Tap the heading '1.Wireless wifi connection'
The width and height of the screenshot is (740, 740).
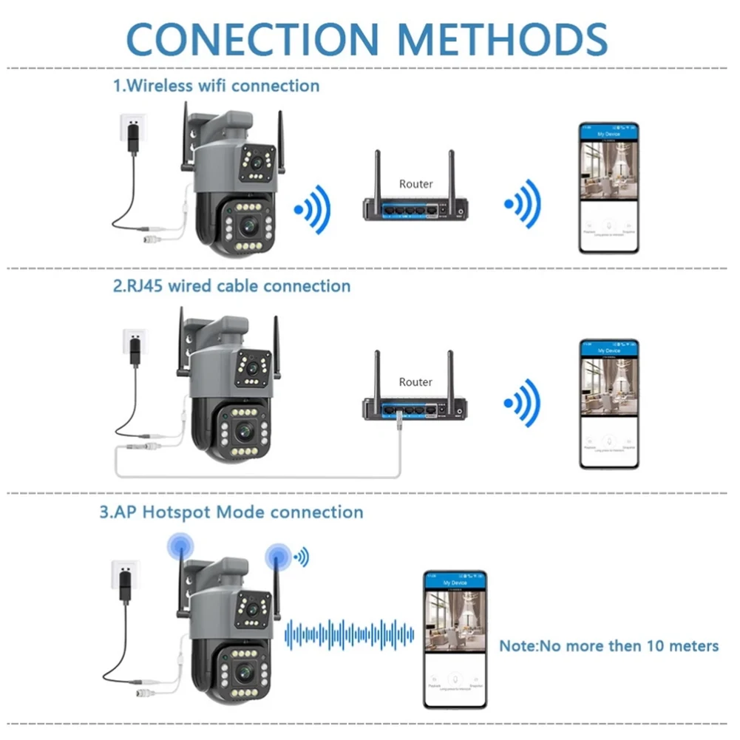click(216, 86)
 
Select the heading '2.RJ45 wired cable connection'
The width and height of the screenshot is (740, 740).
click(231, 285)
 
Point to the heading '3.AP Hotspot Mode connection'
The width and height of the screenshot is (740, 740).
click(231, 512)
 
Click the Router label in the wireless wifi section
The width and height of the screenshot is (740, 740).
click(415, 183)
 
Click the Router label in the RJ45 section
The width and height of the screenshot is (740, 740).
click(415, 382)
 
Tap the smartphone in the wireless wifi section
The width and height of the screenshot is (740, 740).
click(608, 189)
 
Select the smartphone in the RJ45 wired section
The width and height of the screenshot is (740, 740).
click(608, 404)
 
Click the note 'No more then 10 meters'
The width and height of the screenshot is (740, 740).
click(608, 646)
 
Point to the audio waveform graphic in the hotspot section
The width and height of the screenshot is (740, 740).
click(350, 633)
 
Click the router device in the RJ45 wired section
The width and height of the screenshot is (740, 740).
click(416, 407)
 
